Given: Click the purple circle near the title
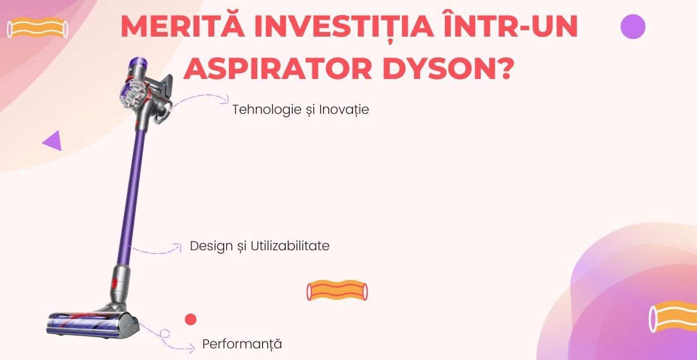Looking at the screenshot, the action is (x=633, y=27).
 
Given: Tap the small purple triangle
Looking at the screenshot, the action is (x=53, y=141).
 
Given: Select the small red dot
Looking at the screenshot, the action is (x=191, y=319).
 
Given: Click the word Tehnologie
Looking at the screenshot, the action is (x=265, y=110).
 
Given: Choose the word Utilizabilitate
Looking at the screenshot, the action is (x=290, y=246).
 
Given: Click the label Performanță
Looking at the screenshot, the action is (x=242, y=344).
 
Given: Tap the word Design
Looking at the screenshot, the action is (x=211, y=246).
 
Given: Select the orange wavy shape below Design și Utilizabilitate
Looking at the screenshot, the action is (x=337, y=291).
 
